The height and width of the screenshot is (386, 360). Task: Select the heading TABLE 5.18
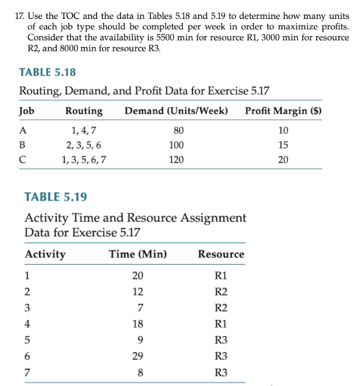pos(48,72)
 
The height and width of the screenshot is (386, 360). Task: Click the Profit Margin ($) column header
pos(283,111)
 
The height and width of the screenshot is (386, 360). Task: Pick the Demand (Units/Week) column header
pos(176,111)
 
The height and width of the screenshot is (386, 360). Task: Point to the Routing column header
pos(84,111)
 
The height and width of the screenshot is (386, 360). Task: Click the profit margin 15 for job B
pos(283,145)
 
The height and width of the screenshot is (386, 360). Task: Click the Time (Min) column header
pos(139,254)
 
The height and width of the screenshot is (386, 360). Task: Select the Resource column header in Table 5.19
pos(221,254)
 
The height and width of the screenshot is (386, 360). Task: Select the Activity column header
pos(45,254)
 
